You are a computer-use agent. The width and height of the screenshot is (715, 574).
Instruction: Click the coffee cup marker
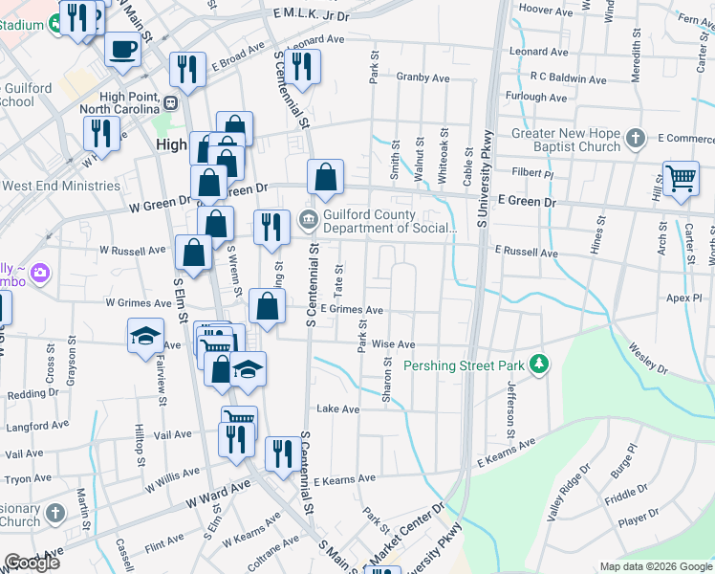[121, 49]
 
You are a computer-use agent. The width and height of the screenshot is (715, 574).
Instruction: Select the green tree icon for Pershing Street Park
[540, 364]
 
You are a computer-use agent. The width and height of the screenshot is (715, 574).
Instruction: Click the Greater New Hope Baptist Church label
[566, 140]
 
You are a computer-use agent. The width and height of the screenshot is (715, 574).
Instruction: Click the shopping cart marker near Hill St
[680, 179]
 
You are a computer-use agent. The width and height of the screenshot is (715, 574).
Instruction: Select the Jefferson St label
[511, 406]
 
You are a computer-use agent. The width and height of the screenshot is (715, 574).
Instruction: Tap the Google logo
[32, 563]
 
